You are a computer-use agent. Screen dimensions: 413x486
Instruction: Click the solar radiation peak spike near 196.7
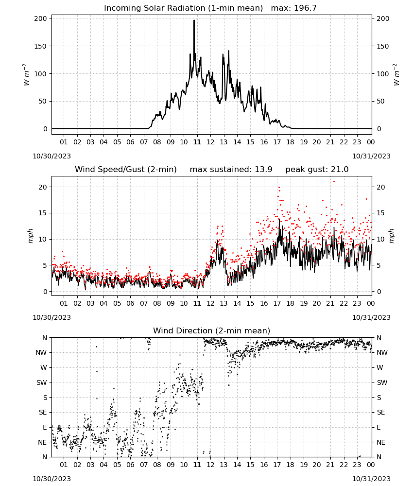click(x=194, y=21)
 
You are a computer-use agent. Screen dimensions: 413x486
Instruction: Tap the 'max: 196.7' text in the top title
click(x=294, y=8)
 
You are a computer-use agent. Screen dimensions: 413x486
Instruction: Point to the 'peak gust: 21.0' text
click(x=317, y=169)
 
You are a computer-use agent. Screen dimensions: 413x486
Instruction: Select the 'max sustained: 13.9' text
click(x=231, y=169)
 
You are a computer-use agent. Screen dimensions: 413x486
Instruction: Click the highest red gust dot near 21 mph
click(x=334, y=182)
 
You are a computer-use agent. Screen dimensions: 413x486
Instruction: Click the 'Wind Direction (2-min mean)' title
click(x=212, y=330)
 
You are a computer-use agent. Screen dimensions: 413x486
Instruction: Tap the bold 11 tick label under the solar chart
click(x=197, y=142)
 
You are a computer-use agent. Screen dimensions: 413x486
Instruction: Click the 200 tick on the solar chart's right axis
click(x=383, y=18)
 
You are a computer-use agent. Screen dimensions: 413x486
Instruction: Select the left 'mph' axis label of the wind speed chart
click(x=30, y=236)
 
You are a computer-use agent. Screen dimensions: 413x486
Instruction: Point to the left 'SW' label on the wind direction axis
click(x=41, y=382)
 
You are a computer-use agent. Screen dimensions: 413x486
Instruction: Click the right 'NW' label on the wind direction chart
click(x=382, y=352)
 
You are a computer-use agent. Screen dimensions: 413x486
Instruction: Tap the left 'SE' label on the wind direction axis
click(x=43, y=412)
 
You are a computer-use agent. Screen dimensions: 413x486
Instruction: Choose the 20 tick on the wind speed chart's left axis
click(x=43, y=187)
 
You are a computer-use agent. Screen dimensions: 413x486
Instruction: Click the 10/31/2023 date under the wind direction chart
click(x=371, y=479)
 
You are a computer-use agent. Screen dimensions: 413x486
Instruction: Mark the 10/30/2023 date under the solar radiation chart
click(x=52, y=156)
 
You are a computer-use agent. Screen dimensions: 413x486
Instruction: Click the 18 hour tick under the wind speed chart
click(x=290, y=303)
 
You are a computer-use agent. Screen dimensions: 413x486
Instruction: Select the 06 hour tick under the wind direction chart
click(x=130, y=465)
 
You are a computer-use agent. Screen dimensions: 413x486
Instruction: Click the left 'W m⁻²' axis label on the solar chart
click(x=26, y=75)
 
